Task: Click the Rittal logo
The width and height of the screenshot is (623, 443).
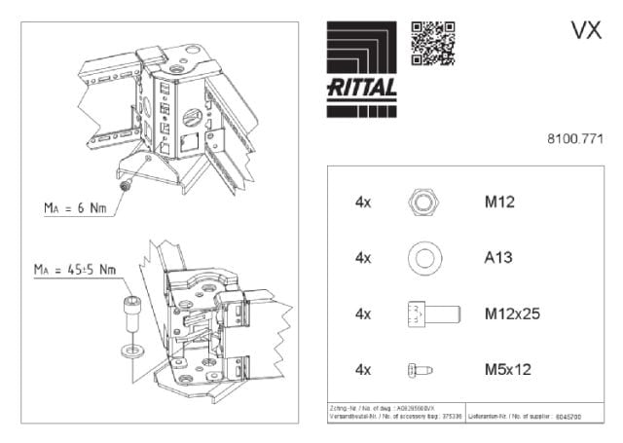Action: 360,59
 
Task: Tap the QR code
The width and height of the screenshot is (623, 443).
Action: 433,42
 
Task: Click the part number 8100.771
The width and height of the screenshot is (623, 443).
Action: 576,139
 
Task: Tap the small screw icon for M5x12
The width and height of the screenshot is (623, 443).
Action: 420,369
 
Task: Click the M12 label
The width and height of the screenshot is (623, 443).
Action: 500,203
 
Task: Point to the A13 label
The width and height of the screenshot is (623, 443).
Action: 499,259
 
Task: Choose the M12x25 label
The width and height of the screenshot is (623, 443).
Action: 512,314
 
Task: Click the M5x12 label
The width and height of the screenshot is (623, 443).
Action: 509,369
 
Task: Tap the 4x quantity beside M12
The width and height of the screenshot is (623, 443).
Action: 364,203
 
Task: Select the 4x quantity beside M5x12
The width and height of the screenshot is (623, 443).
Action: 364,369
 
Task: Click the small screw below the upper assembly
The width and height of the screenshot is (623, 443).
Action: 124,184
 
